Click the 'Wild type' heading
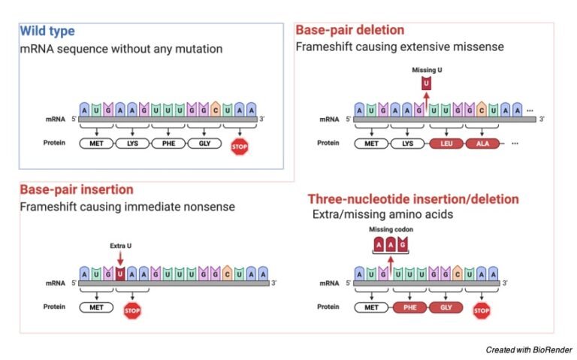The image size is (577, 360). (x=47, y=32)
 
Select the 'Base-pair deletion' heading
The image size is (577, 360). (x=349, y=30)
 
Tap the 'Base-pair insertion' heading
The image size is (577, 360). (x=76, y=189)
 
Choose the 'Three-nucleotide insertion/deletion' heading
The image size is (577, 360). (x=412, y=199)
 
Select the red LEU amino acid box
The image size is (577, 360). (x=445, y=143)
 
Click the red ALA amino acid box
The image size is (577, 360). (x=482, y=143)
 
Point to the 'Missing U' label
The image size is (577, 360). (x=425, y=70)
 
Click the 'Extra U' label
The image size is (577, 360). (x=120, y=245)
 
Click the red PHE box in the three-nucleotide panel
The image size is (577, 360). (x=409, y=307)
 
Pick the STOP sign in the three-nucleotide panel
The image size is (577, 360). (x=482, y=308)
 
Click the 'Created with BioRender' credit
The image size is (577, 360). (x=528, y=350)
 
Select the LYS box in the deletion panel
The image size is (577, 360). (x=409, y=143)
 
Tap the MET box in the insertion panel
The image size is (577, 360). (x=97, y=307)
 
